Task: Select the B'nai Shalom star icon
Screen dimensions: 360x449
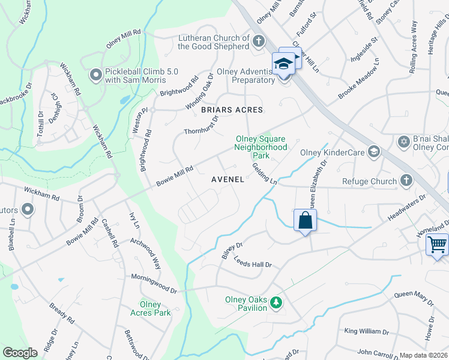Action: pyautogui.click(x=404, y=142)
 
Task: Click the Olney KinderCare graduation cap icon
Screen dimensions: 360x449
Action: pyautogui.click(x=374, y=152)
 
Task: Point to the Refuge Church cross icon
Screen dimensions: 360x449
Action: pyautogui.click(x=406, y=181)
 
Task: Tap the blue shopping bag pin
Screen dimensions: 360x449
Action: pyautogui.click(x=306, y=220)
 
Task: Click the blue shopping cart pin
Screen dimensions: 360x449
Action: pyautogui.click(x=438, y=245)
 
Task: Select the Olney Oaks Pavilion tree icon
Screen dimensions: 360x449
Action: pyautogui.click(x=276, y=304)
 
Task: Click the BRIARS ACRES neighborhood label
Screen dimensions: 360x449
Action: pyautogui.click(x=232, y=110)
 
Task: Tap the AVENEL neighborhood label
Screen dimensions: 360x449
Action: pyautogui.click(x=228, y=179)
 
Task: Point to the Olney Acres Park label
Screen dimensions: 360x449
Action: pyautogui.click(x=151, y=308)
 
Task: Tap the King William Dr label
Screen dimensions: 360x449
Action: pyautogui.click(x=367, y=331)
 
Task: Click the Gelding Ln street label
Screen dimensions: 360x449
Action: pyautogui.click(x=264, y=174)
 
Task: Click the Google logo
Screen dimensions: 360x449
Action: pyautogui.click(x=20, y=353)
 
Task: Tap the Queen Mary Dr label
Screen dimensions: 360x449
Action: pyautogui.click(x=414, y=298)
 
